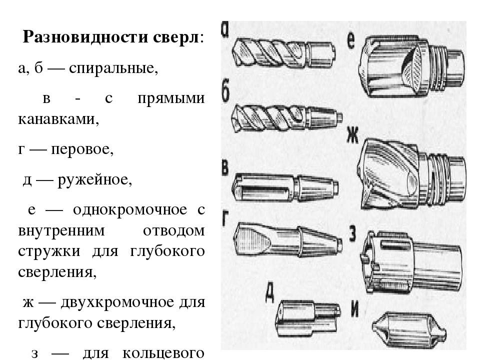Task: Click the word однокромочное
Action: click(x=130, y=210)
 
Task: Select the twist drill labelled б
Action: click(x=286, y=118)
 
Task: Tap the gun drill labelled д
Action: click(x=307, y=318)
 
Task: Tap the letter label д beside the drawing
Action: click(x=269, y=292)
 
